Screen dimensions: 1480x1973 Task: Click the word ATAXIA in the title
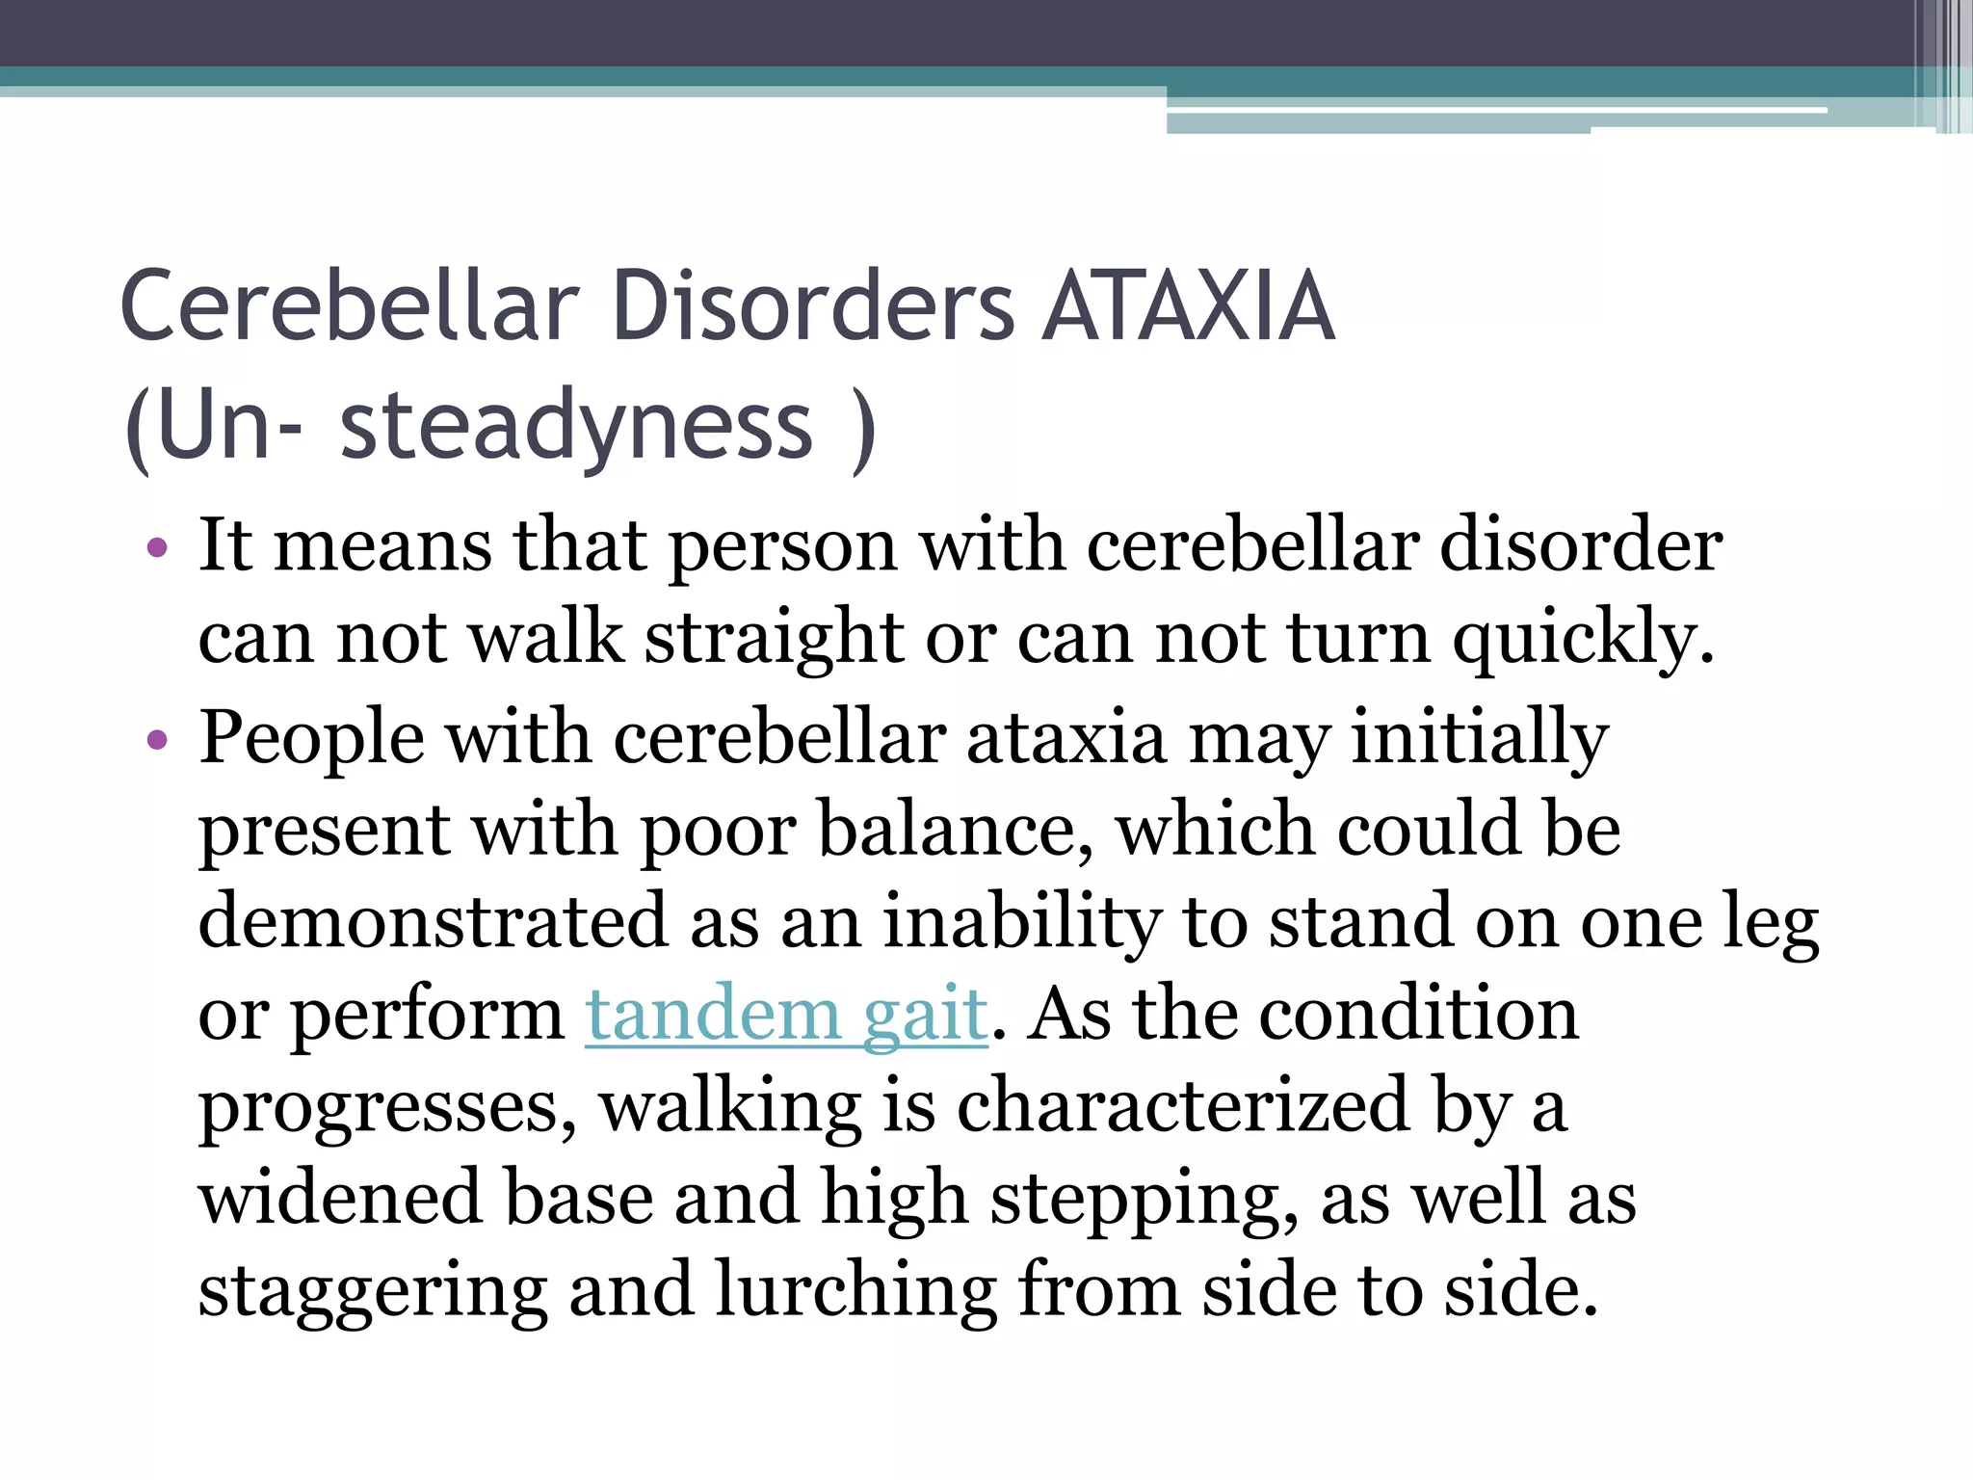(x=1190, y=306)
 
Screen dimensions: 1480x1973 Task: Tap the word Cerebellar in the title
(x=350, y=306)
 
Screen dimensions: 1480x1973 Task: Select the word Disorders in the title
(x=813, y=306)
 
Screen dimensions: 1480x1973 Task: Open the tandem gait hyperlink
(x=786, y=1014)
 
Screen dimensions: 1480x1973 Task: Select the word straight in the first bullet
(x=774, y=640)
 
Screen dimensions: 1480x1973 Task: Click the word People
(x=311, y=739)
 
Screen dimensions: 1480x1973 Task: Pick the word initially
(x=1480, y=739)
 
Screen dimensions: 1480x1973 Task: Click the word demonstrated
(x=433, y=921)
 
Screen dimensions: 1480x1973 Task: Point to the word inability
(x=1022, y=921)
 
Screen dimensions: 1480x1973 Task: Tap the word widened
(x=340, y=1198)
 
